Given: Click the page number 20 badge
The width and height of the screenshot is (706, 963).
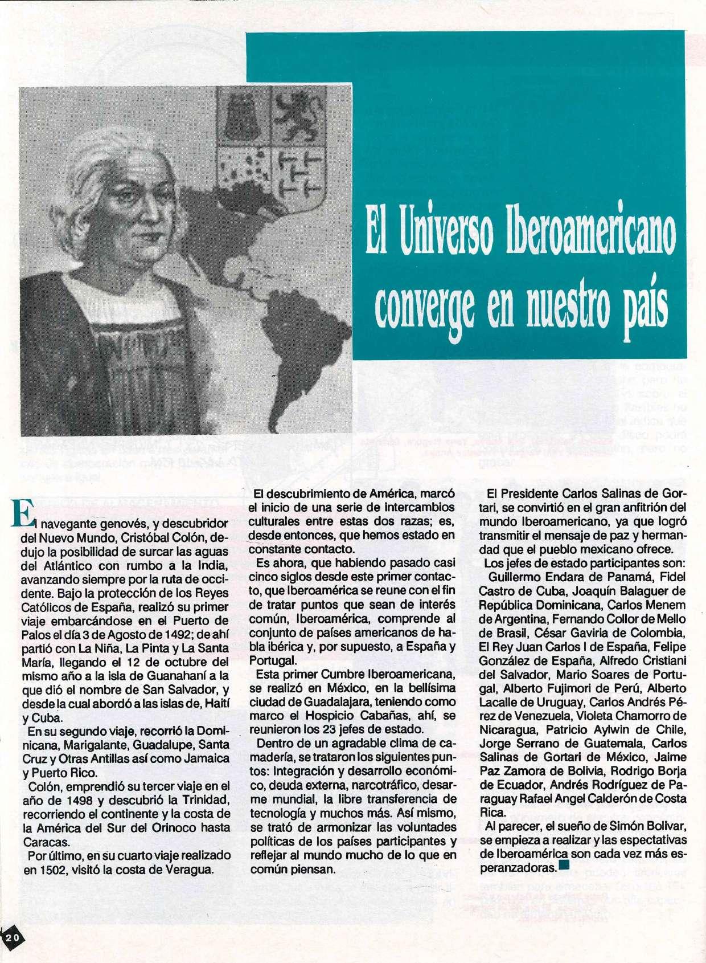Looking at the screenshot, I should (13, 938).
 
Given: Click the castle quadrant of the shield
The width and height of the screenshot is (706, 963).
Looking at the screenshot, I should (239, 120).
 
